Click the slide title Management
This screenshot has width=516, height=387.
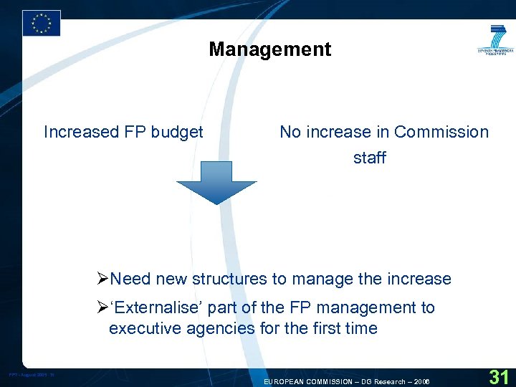coord(270,49)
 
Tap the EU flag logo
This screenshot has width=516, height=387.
coord(42,23)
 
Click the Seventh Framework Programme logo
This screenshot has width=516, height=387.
coord(496,42)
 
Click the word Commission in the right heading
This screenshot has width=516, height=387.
coord(441,132)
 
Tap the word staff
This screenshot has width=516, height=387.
coord(370,158)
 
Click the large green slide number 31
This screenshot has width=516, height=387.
coord(498,376)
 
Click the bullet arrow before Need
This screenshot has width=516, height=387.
coord(102,279)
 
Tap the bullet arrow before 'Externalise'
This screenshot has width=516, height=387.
coord(102,307)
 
